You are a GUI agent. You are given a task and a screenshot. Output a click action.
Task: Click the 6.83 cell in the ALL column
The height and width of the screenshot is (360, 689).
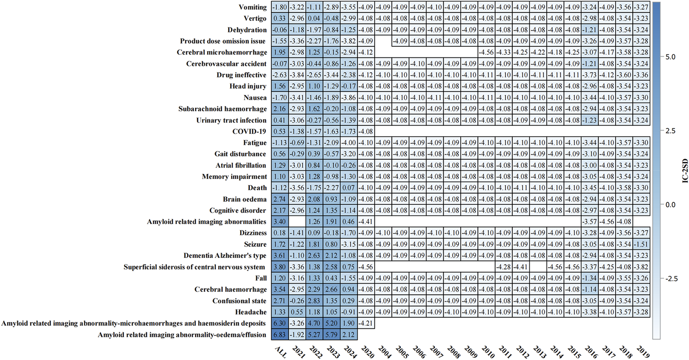(280, 335)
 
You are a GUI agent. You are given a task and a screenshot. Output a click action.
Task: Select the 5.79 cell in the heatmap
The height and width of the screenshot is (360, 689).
(331, 335)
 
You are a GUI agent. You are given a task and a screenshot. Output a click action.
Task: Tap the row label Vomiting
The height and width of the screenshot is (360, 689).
(252, 7)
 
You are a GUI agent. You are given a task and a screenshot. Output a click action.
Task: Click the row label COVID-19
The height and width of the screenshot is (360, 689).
(249, 131)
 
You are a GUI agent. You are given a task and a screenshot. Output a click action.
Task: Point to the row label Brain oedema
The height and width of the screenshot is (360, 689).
(245, 199)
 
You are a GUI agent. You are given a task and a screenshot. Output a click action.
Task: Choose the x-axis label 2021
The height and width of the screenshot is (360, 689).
(299, 352)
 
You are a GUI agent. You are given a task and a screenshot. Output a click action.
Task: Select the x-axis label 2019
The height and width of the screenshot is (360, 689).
(643, 352)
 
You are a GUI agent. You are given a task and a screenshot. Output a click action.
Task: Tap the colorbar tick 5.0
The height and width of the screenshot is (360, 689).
(670, 57)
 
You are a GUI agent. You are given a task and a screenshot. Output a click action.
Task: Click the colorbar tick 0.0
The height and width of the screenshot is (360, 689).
(670, 204)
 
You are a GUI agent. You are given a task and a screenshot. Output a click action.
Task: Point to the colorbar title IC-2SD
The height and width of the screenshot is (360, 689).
(685, 171)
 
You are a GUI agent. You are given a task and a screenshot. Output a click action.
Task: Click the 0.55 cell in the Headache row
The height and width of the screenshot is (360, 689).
(297, 312)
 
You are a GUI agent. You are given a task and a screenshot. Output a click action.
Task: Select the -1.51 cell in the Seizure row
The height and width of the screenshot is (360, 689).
(641, 244)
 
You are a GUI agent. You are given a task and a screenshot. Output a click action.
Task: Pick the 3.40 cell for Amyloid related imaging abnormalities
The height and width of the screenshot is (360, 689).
(280, 222)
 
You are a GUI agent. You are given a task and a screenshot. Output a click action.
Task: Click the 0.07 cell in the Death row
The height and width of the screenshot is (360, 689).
(349, 188)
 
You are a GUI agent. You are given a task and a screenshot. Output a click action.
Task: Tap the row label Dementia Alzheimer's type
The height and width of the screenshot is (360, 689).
(225, 255)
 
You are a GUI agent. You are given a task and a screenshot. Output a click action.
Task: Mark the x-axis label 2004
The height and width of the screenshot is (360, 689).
(385, 352)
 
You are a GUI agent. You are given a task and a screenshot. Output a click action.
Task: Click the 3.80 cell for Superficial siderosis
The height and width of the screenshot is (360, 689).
(280, 267)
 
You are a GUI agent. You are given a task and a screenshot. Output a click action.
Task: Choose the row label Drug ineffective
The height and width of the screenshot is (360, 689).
(241, 75)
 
